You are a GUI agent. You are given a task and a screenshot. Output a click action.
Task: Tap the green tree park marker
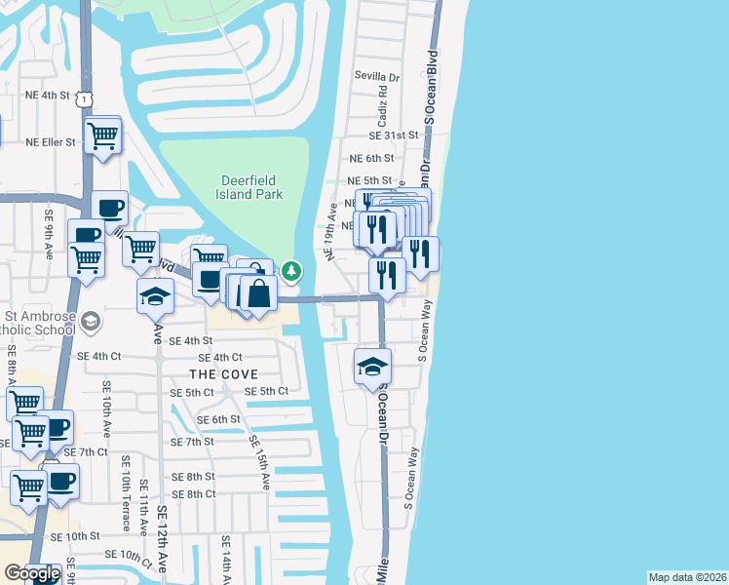[x=292, y=271]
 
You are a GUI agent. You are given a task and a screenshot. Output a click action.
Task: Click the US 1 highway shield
[x=87, y=98]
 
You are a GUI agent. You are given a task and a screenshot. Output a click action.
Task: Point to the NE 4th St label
[x=48, y=96]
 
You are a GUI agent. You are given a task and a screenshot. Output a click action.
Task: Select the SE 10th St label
[x=75, y=536]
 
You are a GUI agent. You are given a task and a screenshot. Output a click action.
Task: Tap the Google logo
[x=31, y=574]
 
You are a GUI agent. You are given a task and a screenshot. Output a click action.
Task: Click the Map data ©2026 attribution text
[x=687, y=577]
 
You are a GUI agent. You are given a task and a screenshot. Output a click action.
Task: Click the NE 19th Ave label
[x=332, y=238]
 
